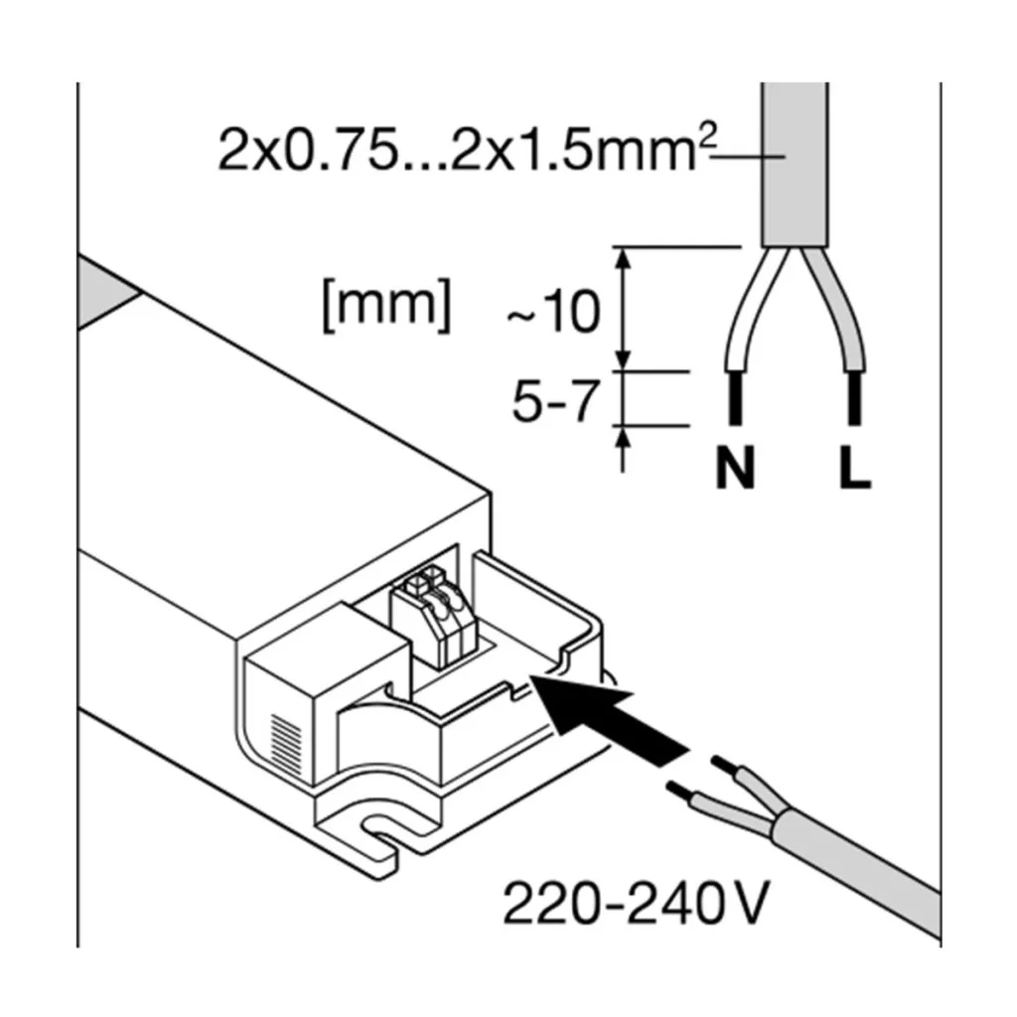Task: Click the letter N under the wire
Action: (736, 470)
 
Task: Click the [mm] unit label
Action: (386, 305)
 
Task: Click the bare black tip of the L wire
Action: (852, 400)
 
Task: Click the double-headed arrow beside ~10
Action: (625, 308)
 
